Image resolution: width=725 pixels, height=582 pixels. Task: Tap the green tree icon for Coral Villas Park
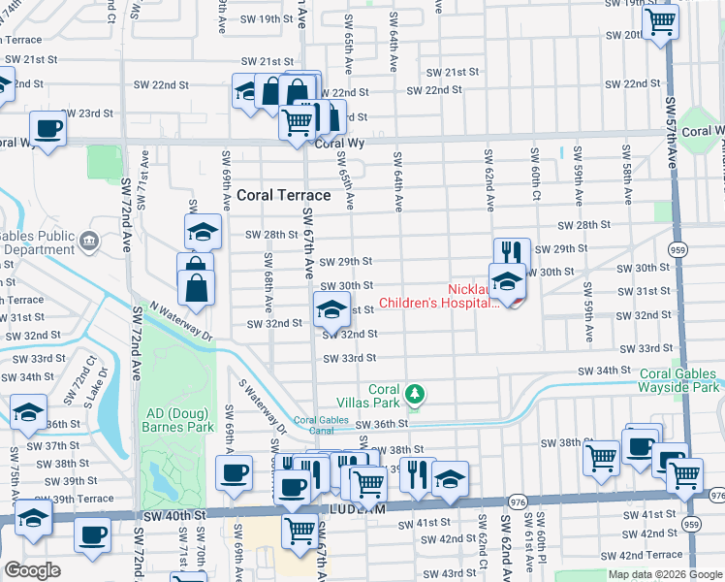pyautogui.click(x=415, y=393)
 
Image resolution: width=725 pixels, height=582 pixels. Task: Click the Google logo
pyautogui.click(x=32, y=570)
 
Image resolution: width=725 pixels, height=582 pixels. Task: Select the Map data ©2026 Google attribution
pyautogui.click(x=664, y=574)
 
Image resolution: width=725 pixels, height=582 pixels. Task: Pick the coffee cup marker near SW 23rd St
pyautogui.click(x=47, y=128)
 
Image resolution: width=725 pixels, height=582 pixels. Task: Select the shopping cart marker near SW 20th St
pyautogui.click(x=660, y=19)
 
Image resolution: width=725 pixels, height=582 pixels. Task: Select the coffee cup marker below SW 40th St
pyautogui.click(x=92, y=533)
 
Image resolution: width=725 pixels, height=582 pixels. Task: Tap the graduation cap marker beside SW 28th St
pyautogui.click(x=203, y=232)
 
